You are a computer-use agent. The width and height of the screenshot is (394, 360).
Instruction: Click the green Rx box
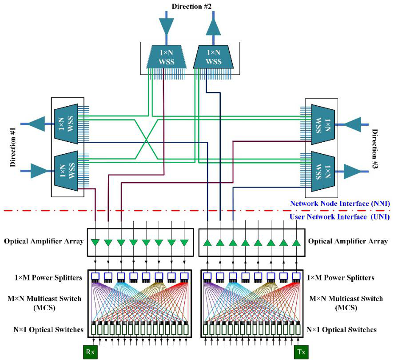click(90, 352)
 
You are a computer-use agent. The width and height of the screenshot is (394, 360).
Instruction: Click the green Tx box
click(301, 352)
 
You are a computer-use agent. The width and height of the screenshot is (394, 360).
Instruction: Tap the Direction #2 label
click(192, 6)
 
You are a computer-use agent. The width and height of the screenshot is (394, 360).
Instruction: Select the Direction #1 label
click(13, 147)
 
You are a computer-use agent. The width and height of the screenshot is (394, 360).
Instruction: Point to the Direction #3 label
click(374, 149)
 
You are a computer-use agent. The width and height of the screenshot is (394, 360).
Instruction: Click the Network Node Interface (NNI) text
click(340, 204)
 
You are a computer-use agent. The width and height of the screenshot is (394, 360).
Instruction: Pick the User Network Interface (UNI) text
click(340, 217)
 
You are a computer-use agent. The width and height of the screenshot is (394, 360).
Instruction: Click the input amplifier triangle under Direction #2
click(166, 26)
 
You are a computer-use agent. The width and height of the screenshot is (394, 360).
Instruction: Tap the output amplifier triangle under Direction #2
click(213, 27)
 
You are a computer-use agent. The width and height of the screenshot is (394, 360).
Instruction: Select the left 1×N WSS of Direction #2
click(166, 57)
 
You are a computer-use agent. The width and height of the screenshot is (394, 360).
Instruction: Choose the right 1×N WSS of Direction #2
click(213, 57)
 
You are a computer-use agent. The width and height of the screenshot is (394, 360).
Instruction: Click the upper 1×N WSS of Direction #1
click(66, 124)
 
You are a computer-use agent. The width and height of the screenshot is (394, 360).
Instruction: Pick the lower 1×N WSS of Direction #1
click(66, 171)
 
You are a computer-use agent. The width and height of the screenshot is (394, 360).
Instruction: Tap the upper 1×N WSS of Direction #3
click(323, 124)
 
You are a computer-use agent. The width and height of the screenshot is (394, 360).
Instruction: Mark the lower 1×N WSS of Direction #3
click(323, 172)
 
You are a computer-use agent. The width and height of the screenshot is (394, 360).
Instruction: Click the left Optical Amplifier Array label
click(44, 241)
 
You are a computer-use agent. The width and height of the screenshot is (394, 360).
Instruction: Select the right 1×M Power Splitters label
click(341, 278)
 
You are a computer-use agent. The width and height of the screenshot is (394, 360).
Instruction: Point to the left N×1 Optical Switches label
click(48, 330)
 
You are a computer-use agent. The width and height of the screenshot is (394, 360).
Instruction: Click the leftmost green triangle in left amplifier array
click(95, 243)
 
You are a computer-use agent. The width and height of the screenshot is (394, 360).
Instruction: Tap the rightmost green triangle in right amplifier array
click(297, 243)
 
